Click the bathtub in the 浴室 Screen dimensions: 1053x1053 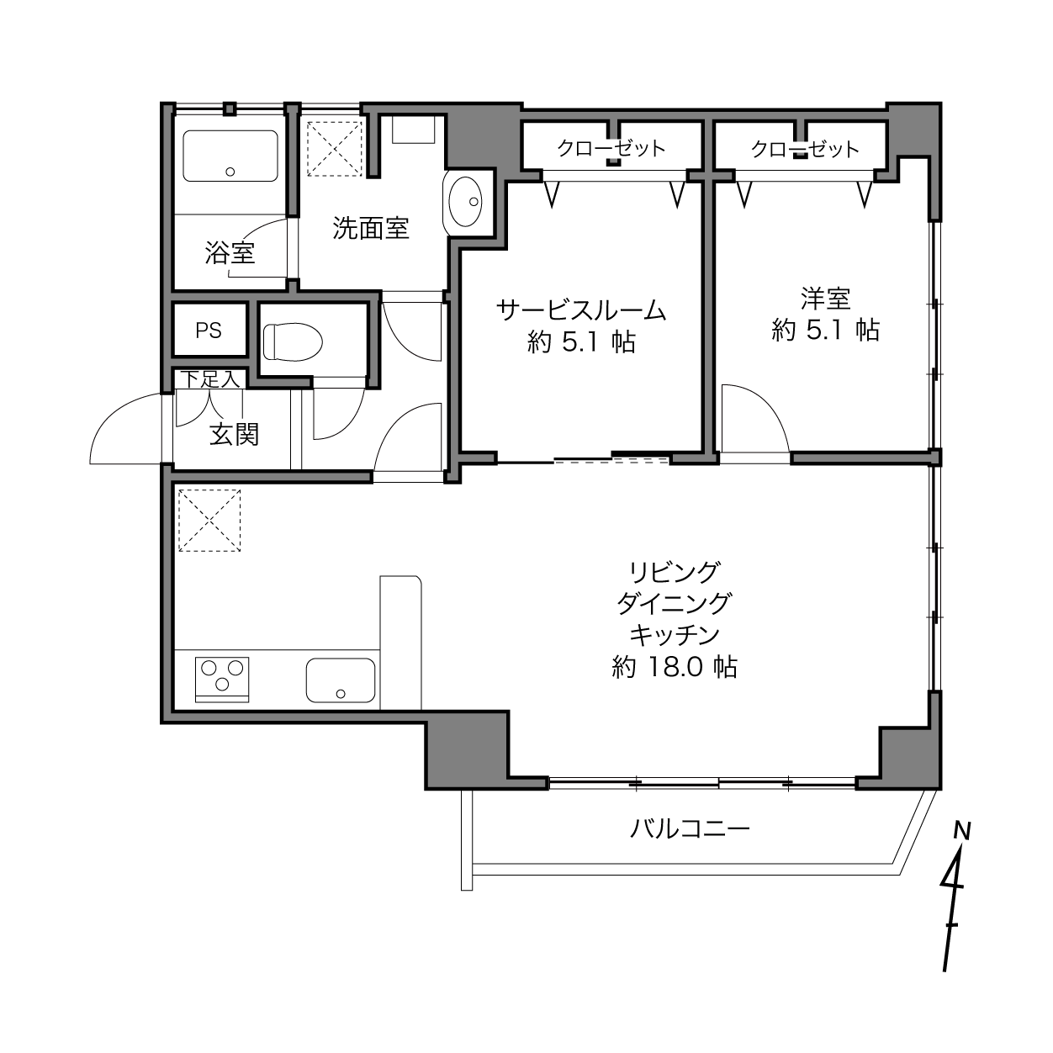(x=230, y=156)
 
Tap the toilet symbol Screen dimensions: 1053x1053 (x=293, y=341)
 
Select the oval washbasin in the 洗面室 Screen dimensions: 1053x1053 (x=465, y=202)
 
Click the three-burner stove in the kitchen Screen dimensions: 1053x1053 (x=222, y=680)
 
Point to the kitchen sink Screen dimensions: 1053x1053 (x=341, y=680)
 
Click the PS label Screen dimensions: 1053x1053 (x=209, y=331)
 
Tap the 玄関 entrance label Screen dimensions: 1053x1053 (x=235, y=435)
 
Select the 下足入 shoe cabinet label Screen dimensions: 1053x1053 (x=210, y=379)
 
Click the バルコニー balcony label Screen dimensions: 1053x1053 (x=691, y=829)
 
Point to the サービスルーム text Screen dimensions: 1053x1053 (x=581, y=310)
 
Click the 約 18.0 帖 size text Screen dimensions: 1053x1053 (x=675, y=667)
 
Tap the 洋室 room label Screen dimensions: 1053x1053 (x=826, y=299)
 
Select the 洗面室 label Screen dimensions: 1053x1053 (x=371, y=228)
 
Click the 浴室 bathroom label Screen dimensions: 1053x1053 (x=230, y=253)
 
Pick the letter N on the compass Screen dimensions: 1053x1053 (x=961, y=831)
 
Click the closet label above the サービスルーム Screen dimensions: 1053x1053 (x=611, y=148)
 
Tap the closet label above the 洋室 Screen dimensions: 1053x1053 (x=805, y=149)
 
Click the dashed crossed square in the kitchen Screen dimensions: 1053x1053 (x=209, y=521)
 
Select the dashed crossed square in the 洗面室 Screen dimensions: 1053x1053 (x=335, y=149)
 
